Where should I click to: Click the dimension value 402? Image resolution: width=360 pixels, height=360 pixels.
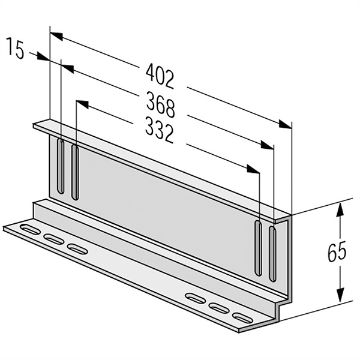[160, 76]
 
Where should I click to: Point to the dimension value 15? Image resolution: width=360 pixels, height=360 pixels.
[16, 49]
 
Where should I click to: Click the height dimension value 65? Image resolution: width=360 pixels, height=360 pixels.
[337, 251]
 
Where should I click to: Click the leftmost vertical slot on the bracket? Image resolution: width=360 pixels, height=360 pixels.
[61, 166]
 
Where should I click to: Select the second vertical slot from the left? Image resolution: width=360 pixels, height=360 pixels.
[75, 172]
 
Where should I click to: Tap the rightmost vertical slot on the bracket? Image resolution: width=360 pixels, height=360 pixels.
[272, 253]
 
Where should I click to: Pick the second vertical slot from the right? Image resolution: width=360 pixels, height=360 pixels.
[258, 248]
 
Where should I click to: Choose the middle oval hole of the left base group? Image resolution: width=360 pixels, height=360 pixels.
[54, 239]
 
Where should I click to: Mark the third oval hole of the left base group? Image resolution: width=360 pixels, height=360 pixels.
[77, 248]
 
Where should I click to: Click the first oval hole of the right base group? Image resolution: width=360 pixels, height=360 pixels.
[196, 298]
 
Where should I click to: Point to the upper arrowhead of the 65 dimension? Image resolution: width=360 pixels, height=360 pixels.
[340, 208]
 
